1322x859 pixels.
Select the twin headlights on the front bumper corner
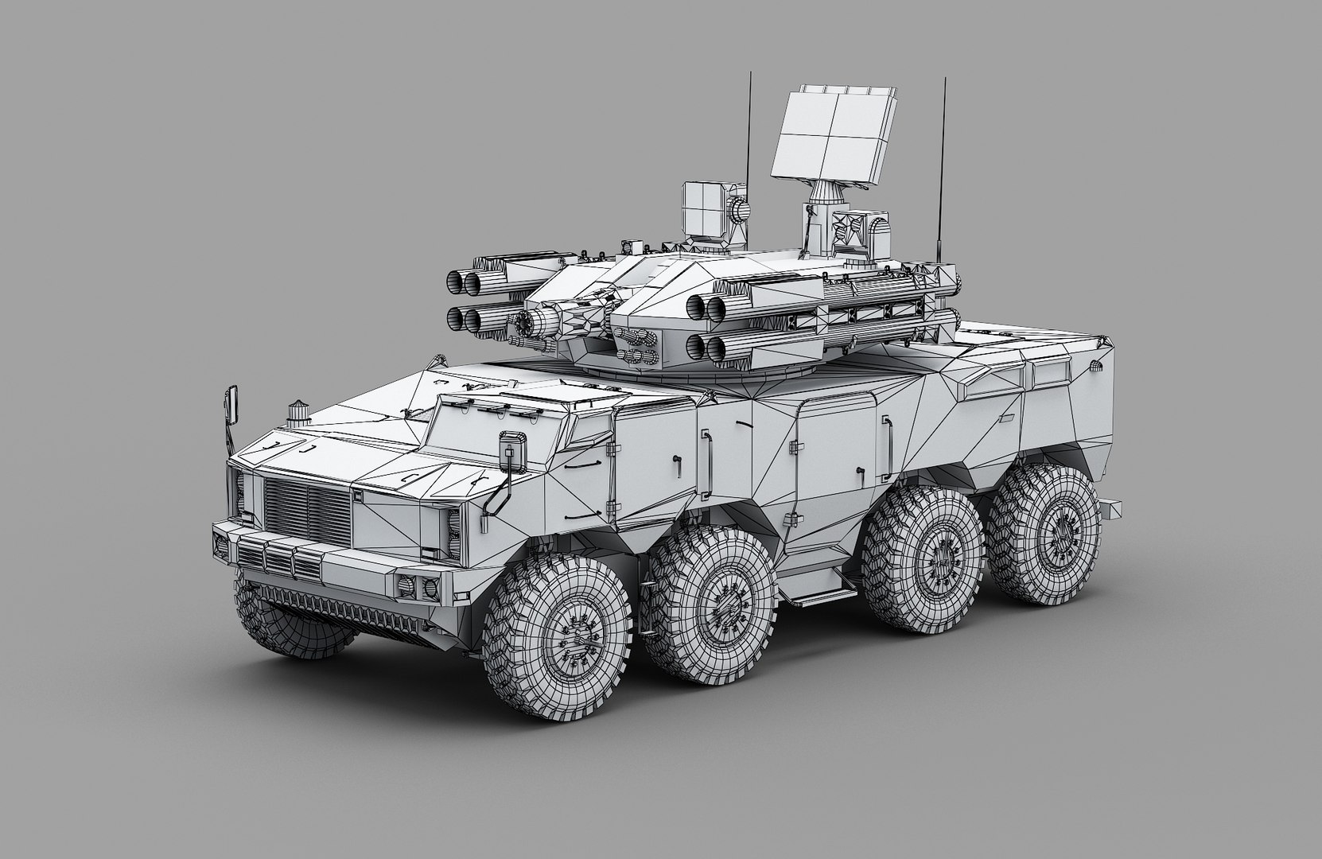[421, 585]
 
